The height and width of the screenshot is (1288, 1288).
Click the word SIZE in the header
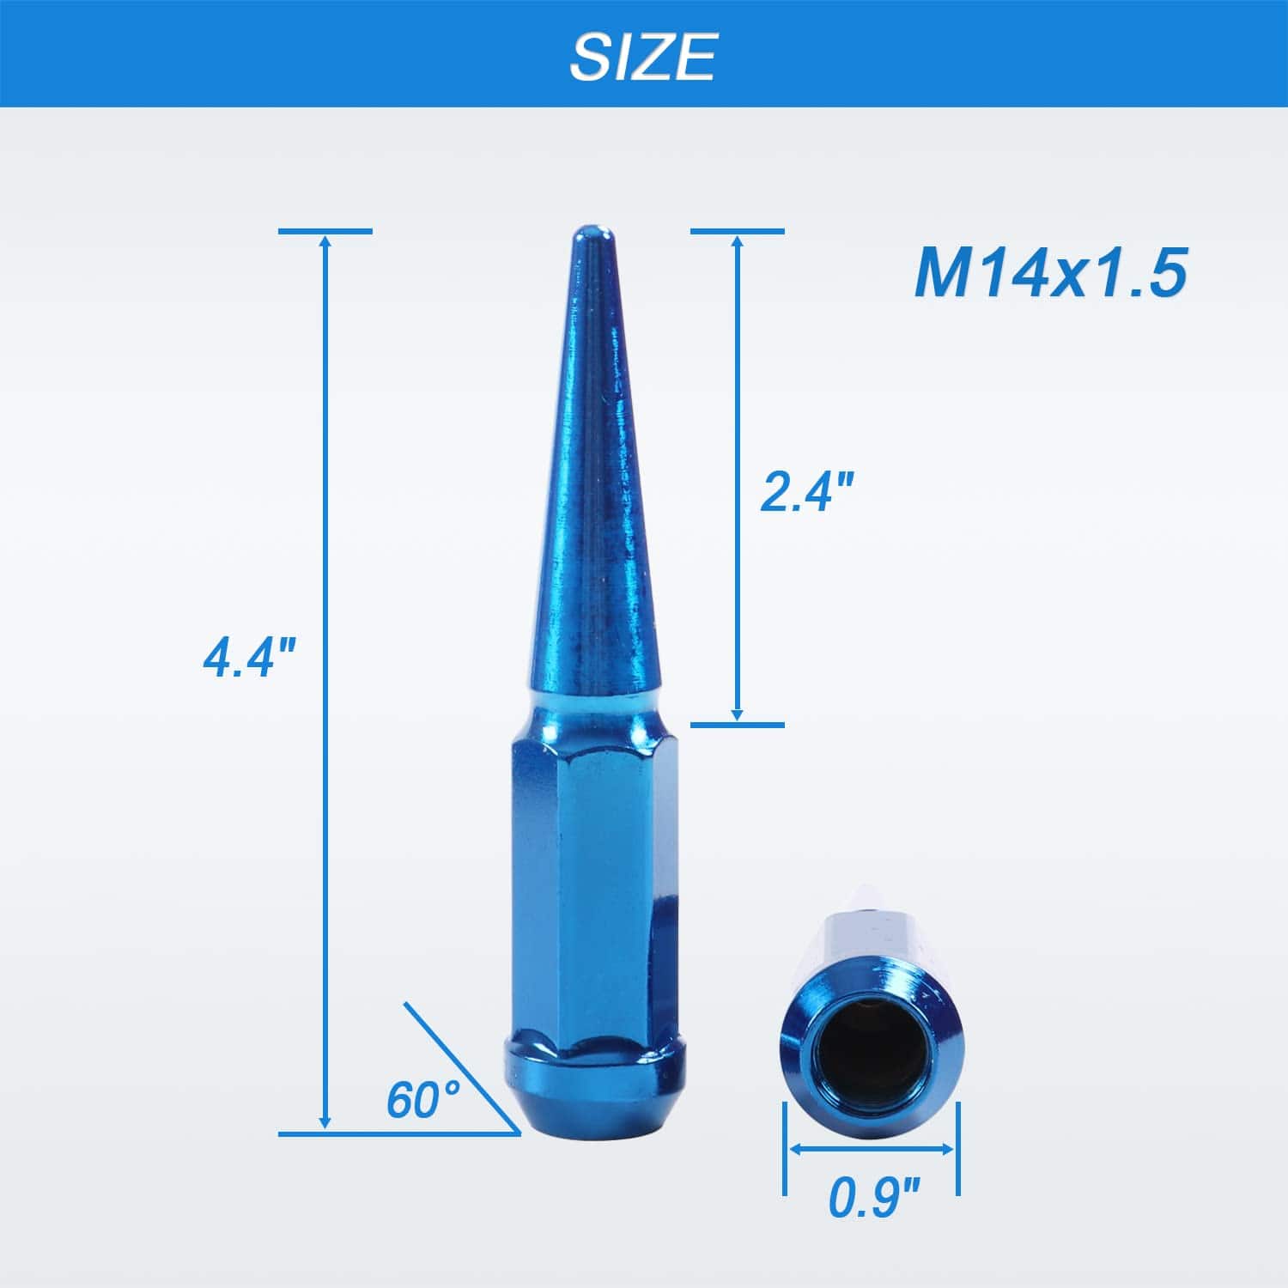pyautogui.click(x=642, y=56)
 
